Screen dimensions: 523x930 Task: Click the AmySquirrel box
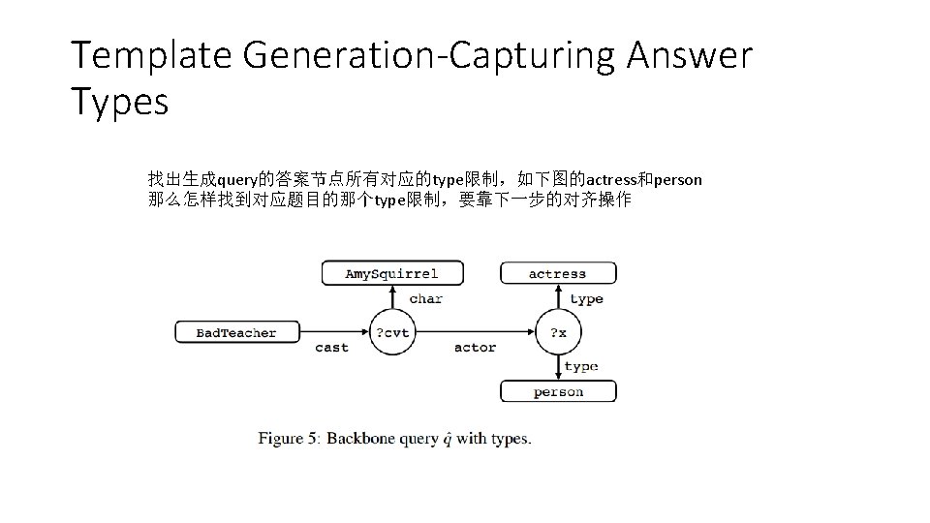point(392,273)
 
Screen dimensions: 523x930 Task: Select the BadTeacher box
point(236,332)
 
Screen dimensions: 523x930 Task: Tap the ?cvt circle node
point(391,332)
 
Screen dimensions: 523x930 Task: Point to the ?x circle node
point(558,332)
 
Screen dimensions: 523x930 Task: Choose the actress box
point(558,273)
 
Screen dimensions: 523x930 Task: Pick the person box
point(558,391)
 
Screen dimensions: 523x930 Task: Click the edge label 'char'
point(425,298)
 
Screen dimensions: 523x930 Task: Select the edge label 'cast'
point(332,348)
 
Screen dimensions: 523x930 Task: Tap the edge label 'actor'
point(475,348)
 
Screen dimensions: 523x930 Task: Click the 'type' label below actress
point(586,298)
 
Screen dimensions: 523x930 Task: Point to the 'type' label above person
point(580,366)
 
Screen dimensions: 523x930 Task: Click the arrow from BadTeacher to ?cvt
point(333,332)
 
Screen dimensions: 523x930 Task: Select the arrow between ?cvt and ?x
point(475,332)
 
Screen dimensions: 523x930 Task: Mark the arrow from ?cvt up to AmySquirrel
point(392,297)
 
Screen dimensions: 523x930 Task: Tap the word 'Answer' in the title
point(689,56)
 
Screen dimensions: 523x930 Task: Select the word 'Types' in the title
point(119,101)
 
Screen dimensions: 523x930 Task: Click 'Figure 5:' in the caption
point(288,438)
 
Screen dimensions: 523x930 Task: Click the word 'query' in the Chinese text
point(236,180)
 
